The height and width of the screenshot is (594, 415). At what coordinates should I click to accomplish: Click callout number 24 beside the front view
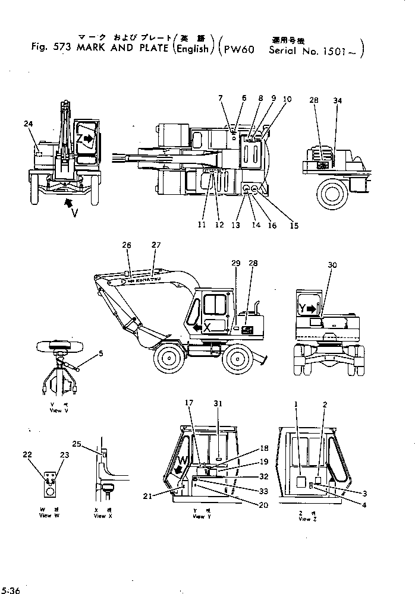coord(28,124)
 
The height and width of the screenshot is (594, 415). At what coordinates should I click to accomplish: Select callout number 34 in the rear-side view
coord(338,101)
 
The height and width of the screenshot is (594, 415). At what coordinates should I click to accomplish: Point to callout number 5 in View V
coord(101,354)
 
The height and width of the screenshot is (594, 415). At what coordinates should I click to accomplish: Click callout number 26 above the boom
coord(126,244)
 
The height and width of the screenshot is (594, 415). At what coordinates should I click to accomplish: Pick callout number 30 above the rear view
coord(332,265)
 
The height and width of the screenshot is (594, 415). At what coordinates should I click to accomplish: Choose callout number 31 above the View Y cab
coord(218,404)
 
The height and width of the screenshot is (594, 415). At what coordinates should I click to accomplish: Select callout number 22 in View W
coord(27,455)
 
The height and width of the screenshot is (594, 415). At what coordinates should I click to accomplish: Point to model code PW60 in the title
coord(239,50)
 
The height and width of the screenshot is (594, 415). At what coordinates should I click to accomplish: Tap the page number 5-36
coord(11,590)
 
